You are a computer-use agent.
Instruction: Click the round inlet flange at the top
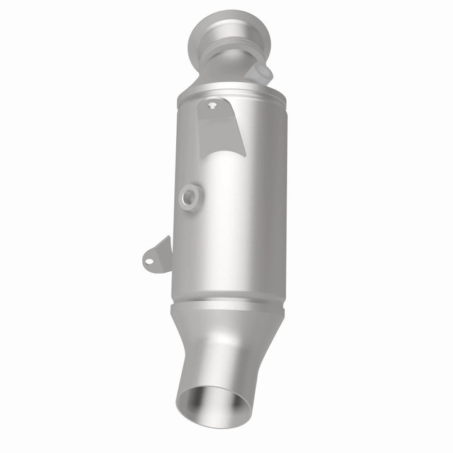point(218,31)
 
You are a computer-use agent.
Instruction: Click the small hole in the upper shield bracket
point(213,106)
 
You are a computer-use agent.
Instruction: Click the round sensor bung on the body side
point(189,197)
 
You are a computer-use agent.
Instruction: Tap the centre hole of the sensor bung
point(188,198)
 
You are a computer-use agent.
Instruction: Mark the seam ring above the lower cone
point(229,306)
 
